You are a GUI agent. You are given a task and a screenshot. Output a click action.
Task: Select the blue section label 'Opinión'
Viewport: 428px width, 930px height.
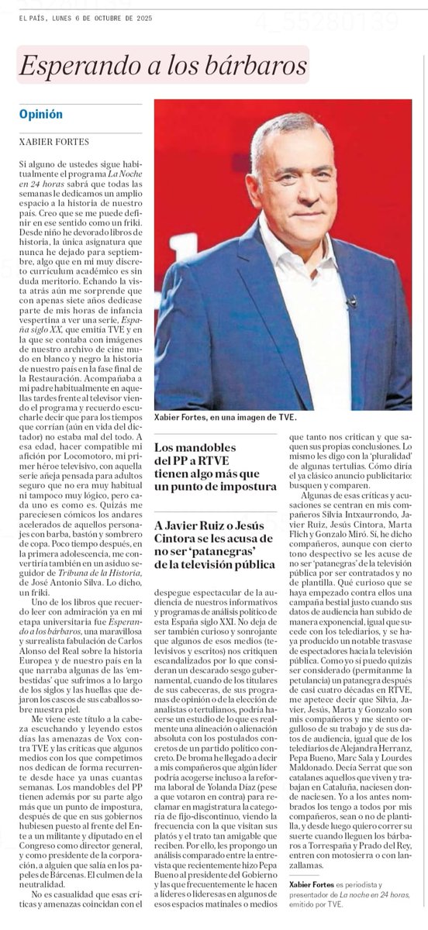pyautogui.click(x=41, y=114)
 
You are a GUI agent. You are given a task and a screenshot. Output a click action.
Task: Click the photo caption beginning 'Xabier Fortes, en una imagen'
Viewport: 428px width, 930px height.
pyautogui.click(x=223, y=417)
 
